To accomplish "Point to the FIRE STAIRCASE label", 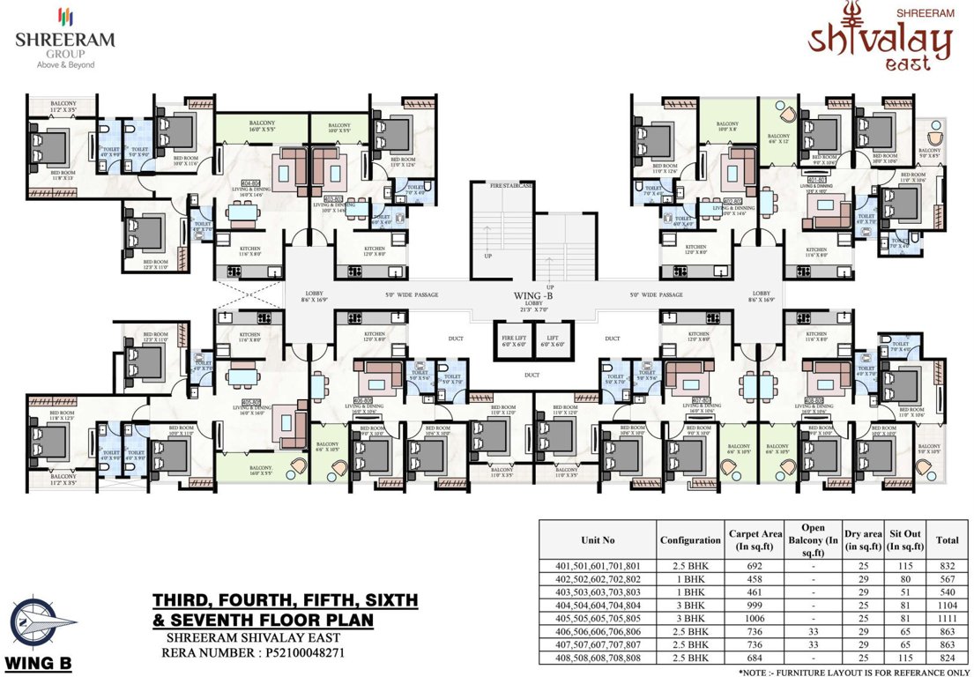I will click(500, 186).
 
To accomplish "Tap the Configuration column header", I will click(689, 540).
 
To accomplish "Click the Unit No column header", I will click(597, 540).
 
